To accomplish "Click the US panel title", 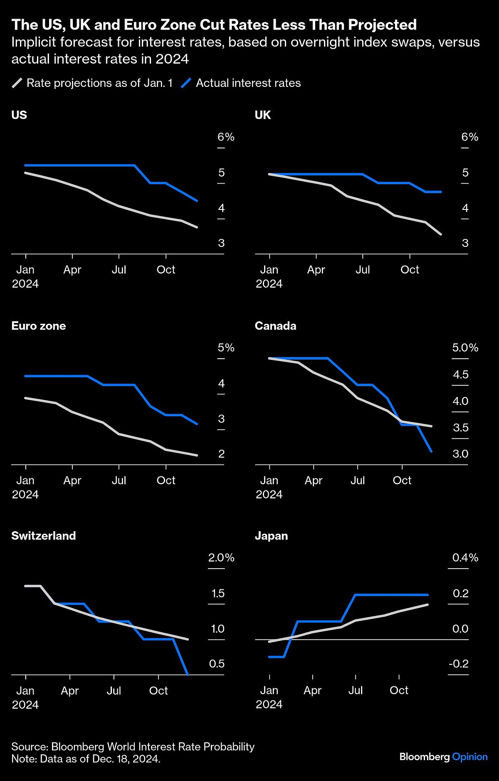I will [x=19, y=115].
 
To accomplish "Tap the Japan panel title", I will [x=271, y=536].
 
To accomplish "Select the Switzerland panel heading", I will [x=44, y=536].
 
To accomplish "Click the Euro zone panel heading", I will [x=39, y=326].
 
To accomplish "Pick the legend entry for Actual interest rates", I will [x=248, y=83].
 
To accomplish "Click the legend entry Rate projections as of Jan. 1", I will [x=99, y=83].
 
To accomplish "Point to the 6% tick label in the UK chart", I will [x=469, y=137].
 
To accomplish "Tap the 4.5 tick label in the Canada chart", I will [x=460, y=375].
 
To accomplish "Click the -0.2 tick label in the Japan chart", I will [x=458, y=664].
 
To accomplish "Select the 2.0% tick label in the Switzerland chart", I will [x=221, y=558].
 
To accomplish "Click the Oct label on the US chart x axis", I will [x=166, y=270].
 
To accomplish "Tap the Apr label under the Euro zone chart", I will [x=72, y=480].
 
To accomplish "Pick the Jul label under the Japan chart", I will [x=356, y=690].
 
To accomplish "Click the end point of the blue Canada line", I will [x=431, y=451].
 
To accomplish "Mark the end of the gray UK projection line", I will [x=441, y=234].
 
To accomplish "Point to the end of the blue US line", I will [x=197, y=200].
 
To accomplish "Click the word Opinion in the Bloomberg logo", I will [x=469, y=757].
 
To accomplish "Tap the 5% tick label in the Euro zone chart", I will [x=226, y=348].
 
